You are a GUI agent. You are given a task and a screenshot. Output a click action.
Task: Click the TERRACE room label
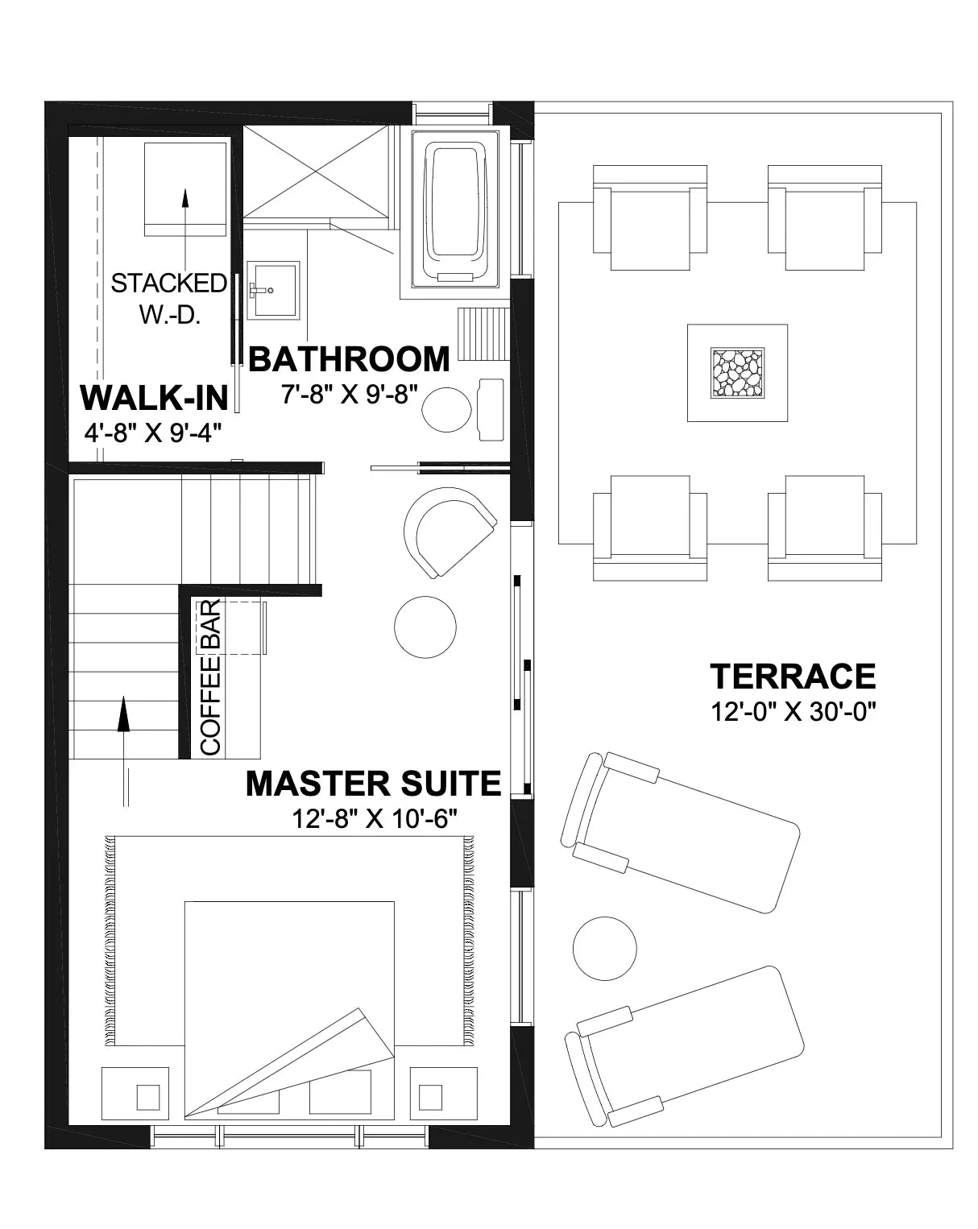click(x=792, y=677)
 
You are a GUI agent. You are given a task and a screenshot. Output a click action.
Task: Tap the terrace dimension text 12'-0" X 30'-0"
click(x=792, y=712)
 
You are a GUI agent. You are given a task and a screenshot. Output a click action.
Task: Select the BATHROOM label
click(x=349, y=359)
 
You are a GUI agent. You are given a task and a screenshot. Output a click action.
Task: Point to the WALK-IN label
click(x=154, y=398)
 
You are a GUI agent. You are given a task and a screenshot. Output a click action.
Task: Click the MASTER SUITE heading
click(x=373, y=783)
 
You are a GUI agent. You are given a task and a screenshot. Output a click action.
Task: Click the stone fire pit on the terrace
click(x=736, y=373)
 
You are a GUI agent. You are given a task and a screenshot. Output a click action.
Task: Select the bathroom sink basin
click(x=272, y=289)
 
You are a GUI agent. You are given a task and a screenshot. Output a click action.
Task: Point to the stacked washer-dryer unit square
click(x=185, y=189)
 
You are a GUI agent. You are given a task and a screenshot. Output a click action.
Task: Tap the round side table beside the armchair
click(x=425, y=627)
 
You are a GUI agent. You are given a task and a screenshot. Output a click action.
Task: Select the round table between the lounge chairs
click(x=604, y=948)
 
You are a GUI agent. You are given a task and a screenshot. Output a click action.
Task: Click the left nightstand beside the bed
click(x=147, y=1096)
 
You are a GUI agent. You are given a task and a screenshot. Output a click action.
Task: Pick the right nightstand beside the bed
click(x=430, y=1096)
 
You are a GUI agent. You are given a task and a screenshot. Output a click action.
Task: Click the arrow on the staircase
click(x=124, y=717)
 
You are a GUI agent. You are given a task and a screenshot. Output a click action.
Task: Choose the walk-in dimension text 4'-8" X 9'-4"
click(x=152, y=432)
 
